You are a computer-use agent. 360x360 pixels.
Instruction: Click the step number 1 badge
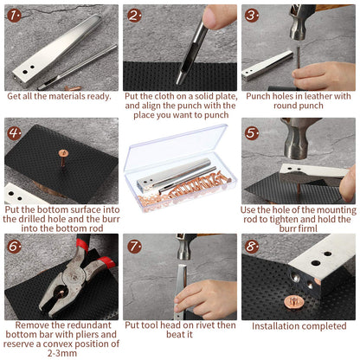coord(14,16)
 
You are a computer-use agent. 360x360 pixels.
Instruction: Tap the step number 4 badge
coord(14,133)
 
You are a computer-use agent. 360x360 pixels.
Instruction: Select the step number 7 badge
coord(134,247)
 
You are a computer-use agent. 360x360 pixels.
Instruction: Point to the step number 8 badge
coord(252,247)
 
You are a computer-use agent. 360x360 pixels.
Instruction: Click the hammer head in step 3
coord(299,22)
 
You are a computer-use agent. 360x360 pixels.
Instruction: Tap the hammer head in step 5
coord(298,138)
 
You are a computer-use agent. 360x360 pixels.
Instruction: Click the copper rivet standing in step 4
coord(63,157)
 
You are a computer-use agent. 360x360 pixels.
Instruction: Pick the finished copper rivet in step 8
coord(293,302)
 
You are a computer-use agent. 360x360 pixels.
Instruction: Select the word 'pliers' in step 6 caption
coord(89,335)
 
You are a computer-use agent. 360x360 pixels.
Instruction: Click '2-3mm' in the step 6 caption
coord(61,353)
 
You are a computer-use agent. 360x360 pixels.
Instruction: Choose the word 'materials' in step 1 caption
coord(61,96)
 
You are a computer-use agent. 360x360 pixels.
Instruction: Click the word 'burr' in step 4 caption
coord(111,219)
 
